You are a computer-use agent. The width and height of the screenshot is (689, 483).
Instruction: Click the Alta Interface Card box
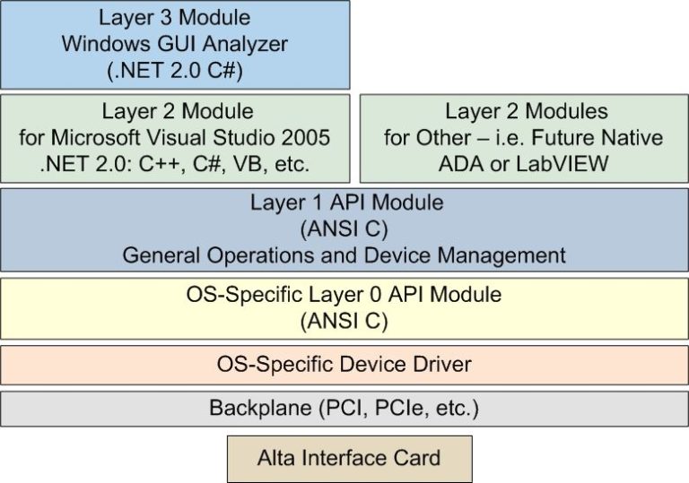tap(349, 459)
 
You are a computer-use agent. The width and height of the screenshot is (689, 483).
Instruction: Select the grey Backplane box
tap(344, 409)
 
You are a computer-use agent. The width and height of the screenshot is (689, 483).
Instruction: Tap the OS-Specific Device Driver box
tap(344, 365)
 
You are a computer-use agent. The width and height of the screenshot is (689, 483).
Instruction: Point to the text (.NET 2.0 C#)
tap(176, 70)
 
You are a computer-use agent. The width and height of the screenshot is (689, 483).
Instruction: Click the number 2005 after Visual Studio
tap(306, 138)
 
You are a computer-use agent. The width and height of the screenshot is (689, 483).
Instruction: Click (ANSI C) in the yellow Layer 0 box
tap(344, 319)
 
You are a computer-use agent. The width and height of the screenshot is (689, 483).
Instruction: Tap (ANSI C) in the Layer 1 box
tap(345, 229)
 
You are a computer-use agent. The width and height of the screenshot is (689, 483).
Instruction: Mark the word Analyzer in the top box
tap(249, 44)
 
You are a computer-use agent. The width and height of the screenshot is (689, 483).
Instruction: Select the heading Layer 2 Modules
tap(527, 112)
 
